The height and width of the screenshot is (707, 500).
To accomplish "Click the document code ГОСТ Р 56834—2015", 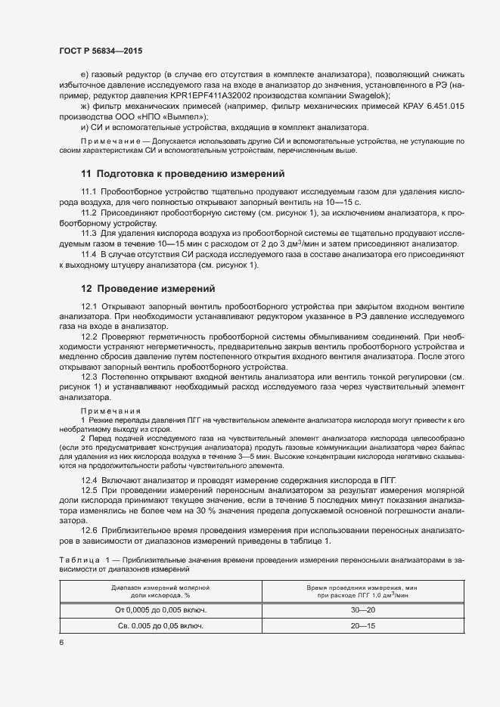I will point(101,51).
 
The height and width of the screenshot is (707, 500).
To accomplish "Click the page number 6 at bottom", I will point(61,643).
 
